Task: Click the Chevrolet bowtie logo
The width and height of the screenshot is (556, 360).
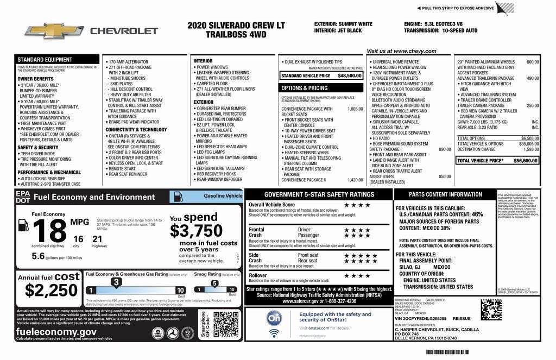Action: [53, 31]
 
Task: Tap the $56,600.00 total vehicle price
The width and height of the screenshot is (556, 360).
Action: [525, 161]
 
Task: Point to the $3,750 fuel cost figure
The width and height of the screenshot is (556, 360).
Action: [196, 231]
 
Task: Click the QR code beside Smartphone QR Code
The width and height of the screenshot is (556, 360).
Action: [226, 325]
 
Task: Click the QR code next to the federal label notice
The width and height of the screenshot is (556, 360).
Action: [491, 310]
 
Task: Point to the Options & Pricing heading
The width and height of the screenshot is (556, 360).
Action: [304, 88]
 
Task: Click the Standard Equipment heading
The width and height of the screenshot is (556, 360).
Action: [45, 60]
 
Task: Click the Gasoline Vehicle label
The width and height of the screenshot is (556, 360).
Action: [223, 195]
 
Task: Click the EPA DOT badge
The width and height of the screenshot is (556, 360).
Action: [23, 197]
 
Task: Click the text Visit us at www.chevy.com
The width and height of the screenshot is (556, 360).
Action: [401, 51]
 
